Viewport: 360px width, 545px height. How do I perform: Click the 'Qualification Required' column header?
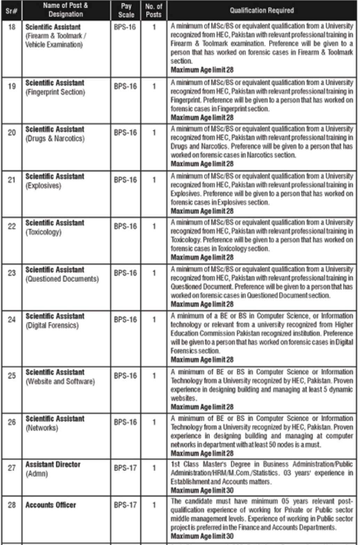262,10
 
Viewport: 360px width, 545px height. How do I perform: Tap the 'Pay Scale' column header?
126,10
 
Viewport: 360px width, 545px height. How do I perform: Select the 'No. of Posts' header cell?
153,10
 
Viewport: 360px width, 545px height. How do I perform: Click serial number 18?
12,27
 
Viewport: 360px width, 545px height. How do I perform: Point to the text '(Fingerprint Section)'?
55,92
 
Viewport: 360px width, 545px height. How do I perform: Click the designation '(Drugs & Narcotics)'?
55,139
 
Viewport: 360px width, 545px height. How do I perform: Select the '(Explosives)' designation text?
43,185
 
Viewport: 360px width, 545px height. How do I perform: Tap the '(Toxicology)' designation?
43,232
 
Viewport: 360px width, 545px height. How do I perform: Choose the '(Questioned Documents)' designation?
62,279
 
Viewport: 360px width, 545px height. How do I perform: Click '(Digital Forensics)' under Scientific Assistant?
52,325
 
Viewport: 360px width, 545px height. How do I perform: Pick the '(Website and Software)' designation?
60,381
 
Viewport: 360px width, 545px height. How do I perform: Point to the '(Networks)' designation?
42,428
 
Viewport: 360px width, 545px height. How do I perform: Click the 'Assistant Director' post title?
53,465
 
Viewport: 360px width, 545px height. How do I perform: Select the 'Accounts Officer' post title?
50,505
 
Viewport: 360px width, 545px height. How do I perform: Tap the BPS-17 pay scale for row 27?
125,468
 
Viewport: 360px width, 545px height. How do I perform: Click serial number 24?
12,319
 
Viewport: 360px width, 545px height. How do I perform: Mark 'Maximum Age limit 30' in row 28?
202,536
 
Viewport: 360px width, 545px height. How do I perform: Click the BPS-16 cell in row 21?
125,180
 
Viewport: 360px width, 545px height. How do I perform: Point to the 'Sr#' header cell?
12,11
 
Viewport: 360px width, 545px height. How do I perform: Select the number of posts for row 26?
154,422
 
